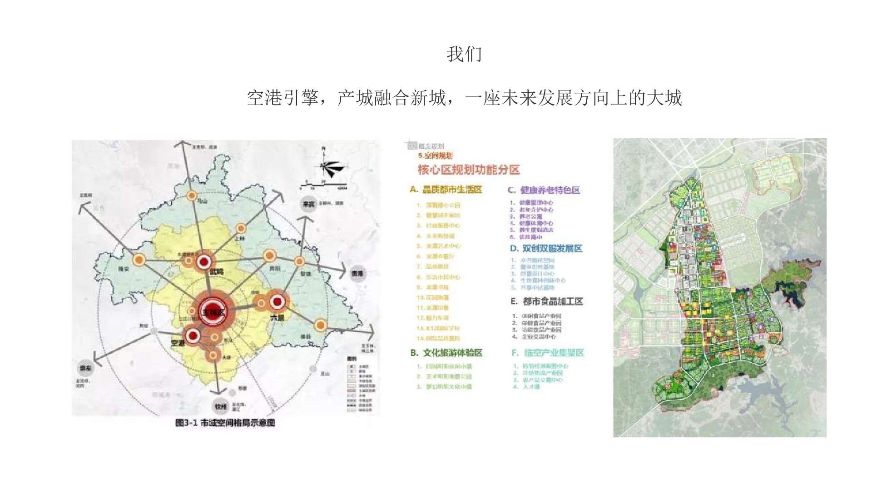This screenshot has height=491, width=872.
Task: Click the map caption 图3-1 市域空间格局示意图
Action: click(225, 423)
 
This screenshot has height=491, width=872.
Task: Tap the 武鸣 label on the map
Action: click(217, 272)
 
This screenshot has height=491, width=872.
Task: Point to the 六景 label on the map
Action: click(277, 317)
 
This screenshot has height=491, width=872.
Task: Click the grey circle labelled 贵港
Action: click(358, 274)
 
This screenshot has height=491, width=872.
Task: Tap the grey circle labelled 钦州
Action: click(221, 407)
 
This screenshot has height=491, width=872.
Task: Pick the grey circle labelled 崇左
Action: click(85, 369)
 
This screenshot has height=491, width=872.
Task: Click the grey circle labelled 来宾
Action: click(309, 204)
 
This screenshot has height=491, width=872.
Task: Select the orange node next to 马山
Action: click(192, 196)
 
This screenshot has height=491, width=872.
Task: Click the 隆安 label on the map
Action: click(124, 269)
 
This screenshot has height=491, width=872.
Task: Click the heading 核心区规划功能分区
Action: click(469, 170)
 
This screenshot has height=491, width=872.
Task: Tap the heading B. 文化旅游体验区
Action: click(446, 353)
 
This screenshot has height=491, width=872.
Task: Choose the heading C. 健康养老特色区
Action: click(544, 190)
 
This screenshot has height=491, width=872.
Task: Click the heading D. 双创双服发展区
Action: click(546, 249)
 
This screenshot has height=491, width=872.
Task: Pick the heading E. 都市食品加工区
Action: click(546, 301)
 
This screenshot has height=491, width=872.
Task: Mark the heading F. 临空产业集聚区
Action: click(547, 353)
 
